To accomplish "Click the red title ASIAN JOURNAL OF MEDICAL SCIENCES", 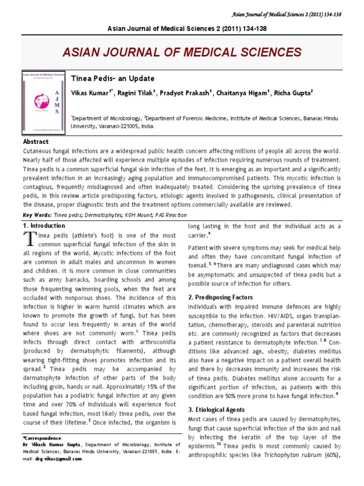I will [x=182, y=52].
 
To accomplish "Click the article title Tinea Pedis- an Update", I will [x=112, y=78].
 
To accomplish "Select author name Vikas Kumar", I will [x=90, y=93].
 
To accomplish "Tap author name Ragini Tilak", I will [x=135, y=93].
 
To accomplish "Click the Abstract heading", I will [x=36, y=142].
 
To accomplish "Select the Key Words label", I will [x=37, y=215].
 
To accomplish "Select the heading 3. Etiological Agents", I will [x=217, y=410].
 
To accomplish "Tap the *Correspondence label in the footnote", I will [x=42, y=437].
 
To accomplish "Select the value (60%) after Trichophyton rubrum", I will [x=330, y=456].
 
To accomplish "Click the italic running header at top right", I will [x=296, y=14].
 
